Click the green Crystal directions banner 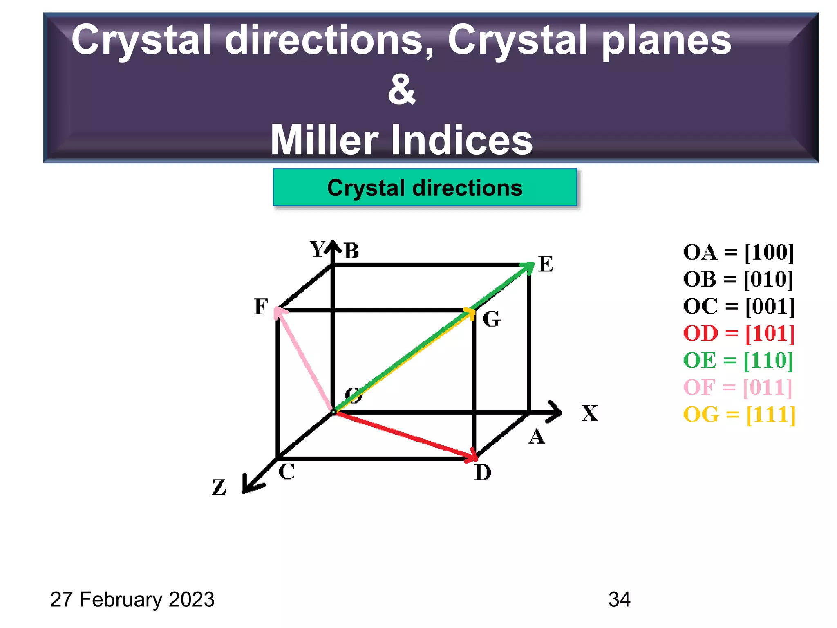click(x=425, y=188)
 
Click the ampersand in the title click(x=402, y=90)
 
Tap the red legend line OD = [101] click(x=739, y=333)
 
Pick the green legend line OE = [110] click(x=738, y=360)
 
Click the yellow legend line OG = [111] click(x=739, y=415)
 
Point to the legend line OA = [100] click(x=738, y=252)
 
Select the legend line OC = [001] click(x=739, y=306)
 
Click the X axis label click(x=589, y=413)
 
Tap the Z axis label click(x=219, y=487)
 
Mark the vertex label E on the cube click(x=546, y=264)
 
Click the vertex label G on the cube click(x=491, y=319)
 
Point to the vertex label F click(x=260, y=307)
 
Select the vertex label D click(x=483, y=473)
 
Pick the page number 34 click(x=619, y=599)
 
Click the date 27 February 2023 click(x=132, y=599)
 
